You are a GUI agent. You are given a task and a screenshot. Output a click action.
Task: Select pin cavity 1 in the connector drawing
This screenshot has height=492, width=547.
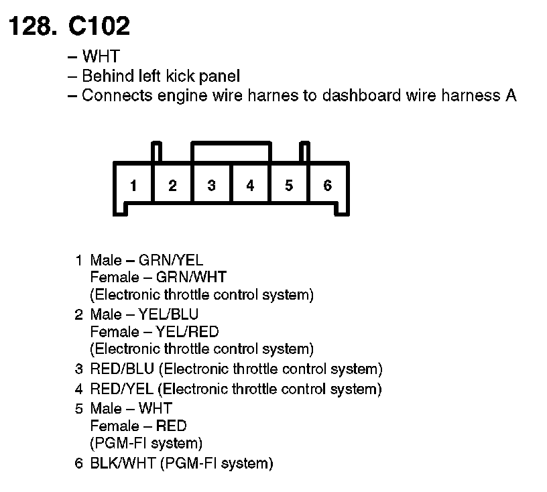(134, 186)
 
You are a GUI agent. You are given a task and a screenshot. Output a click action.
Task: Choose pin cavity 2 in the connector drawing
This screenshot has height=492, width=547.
(172, 186)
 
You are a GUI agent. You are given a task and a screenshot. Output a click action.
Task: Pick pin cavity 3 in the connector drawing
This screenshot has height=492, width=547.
(211, 186)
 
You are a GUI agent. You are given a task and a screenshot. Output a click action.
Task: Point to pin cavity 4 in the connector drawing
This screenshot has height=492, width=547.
(250, 186)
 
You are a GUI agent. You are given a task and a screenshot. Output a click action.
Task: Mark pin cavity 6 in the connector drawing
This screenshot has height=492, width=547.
(327, 186)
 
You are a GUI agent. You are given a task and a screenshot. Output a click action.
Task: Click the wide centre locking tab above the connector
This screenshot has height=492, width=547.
(231, 150)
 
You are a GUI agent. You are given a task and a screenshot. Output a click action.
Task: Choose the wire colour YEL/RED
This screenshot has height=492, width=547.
(187, 331)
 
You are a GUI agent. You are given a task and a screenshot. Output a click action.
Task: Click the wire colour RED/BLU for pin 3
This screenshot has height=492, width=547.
(123, 369)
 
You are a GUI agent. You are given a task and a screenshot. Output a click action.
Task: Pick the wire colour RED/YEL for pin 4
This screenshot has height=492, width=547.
(123, 389)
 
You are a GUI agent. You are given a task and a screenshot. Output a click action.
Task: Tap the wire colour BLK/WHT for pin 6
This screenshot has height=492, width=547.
(123, 463)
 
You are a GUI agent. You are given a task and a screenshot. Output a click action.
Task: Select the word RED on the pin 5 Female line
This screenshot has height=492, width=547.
(171, 426)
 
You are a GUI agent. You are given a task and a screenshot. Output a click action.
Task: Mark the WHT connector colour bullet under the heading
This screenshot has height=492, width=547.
(100, 57)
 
